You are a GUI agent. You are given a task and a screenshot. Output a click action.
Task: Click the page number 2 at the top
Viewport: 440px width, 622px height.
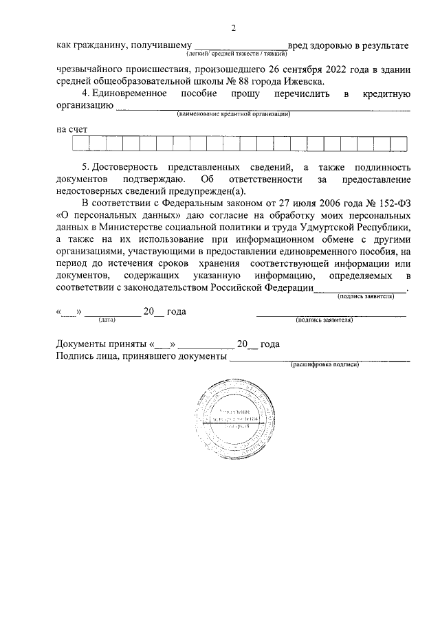(234, 28)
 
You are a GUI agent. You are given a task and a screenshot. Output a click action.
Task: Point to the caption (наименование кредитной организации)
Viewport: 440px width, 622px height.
(233, 114)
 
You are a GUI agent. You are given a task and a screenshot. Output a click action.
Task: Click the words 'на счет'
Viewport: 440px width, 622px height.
(71, 129)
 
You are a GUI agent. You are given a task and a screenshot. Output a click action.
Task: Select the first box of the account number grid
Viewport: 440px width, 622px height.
(80, 143)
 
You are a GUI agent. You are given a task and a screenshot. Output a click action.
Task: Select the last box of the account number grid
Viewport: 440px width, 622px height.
(398, 143)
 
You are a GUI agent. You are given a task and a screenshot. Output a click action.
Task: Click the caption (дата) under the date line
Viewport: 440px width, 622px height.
(107, 320)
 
